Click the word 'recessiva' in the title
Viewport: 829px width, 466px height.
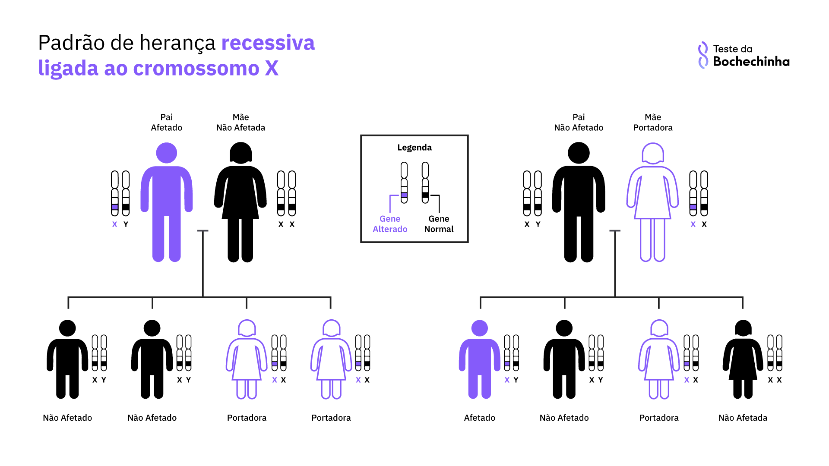(x=268, y=43)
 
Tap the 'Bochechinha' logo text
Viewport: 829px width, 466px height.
(x=751, y=62)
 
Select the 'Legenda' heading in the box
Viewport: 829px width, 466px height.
(x=414, y=148)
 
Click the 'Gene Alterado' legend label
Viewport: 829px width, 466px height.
(x=390, y=224)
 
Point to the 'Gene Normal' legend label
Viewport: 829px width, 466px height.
(x=439, y=224)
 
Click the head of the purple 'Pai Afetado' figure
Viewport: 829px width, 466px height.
(x=166, y=153)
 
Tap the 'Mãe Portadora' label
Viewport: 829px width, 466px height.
(x=652, y=123)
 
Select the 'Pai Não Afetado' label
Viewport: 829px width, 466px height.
(x=579, y=123)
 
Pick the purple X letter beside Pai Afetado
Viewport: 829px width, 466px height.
(x=114, y=224)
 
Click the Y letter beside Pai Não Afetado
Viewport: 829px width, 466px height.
(x=538, y=224)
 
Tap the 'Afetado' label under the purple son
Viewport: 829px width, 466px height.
(x=479, y=418)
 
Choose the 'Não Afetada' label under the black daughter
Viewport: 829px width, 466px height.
(x=743, y=418)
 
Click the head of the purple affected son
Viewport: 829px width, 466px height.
(x=479, y=328)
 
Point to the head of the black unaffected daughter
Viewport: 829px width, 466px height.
(x=743, y=328)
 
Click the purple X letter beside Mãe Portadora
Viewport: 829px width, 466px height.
(x=693, y=224)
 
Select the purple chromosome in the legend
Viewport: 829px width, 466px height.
(x=404, y=183)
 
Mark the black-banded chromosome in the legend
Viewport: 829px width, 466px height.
(x=425, y=183)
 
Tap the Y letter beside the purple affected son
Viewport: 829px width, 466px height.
(x=516, y=380)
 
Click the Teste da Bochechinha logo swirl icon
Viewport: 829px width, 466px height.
(x=703, y=55)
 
